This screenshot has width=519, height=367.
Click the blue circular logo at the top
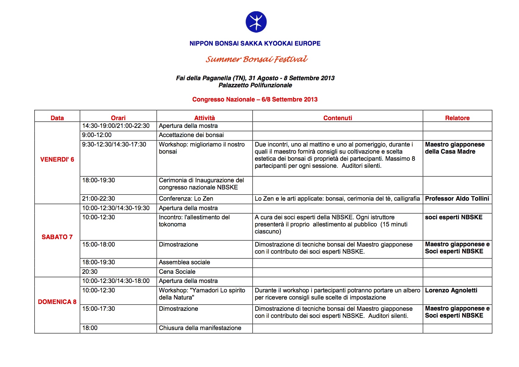256,22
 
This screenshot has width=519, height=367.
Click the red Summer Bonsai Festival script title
257,59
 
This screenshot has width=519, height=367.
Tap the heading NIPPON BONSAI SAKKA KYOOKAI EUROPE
255,44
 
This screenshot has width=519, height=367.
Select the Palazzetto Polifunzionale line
255,85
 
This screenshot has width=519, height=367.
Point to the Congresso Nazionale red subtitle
255,99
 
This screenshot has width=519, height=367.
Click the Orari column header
118,118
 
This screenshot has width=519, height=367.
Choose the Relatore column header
457,118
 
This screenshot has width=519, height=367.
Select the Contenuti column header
338,118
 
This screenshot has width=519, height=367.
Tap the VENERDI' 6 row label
57,160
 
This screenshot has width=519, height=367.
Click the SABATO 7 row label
57,237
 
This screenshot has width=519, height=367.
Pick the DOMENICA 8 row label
57,302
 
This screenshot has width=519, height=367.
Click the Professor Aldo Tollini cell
457,199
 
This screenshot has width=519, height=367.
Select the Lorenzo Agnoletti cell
451,290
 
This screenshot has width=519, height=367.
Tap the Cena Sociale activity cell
177,272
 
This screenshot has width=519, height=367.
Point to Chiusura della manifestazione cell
200,328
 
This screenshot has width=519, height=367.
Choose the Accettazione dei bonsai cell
191,135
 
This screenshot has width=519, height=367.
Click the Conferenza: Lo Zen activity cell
186,199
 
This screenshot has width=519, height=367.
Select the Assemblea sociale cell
184,262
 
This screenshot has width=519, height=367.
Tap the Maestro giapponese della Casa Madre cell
454,148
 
